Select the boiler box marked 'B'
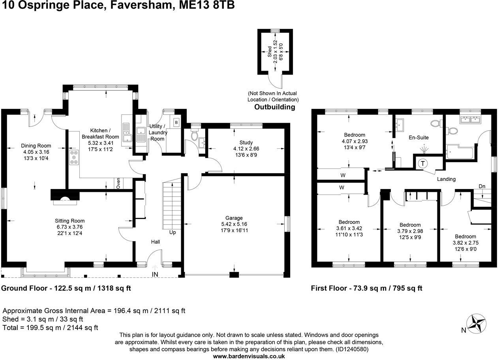(x=176, y=122)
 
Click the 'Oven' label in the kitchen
(x=118, y=184)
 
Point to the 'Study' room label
(x=246, y=142)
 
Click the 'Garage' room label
(x=234, y=218)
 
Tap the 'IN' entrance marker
(x=155, y=274)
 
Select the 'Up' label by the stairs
(x=173, y=232)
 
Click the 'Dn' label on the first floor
(x=482, y=186)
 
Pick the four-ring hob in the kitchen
(x=74, y=157)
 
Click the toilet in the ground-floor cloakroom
(x=194, y=135)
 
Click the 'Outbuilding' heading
(x=274, y=107)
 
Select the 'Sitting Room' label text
(x=69, y=221)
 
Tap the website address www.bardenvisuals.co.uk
(x=249, y=356)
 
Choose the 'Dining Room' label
(x=36, y=146)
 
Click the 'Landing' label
(x=446, y=179)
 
